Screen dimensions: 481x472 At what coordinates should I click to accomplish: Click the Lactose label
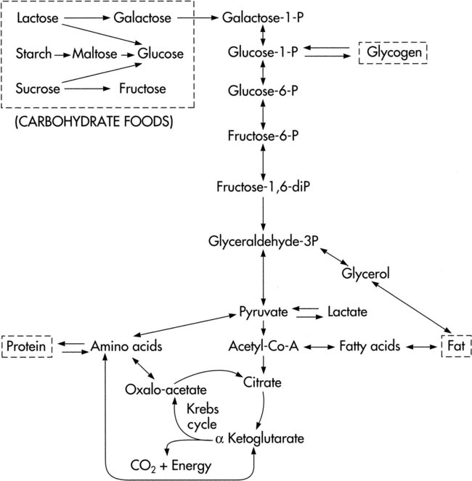click(36, 16)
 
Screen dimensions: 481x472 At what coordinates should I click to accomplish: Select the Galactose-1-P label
click(264, 16)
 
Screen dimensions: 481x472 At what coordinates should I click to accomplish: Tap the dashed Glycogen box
click(393, 53)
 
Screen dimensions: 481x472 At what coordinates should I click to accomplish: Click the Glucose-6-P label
click(264, 90)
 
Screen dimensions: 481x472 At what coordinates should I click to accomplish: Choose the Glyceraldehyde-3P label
click(263, 241)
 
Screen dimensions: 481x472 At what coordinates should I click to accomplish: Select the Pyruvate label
click(263, 312)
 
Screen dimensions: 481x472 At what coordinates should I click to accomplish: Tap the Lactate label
click(347, 312)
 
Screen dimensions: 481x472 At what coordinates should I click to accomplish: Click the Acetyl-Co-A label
click(263, 347)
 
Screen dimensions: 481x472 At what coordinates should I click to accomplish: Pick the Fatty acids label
click(370, 347)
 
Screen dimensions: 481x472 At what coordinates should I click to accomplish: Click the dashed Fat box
click(452, 347)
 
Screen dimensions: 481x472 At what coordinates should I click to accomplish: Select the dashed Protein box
click(27, 347)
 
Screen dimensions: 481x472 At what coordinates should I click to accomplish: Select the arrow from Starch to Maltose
click(62, 53)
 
